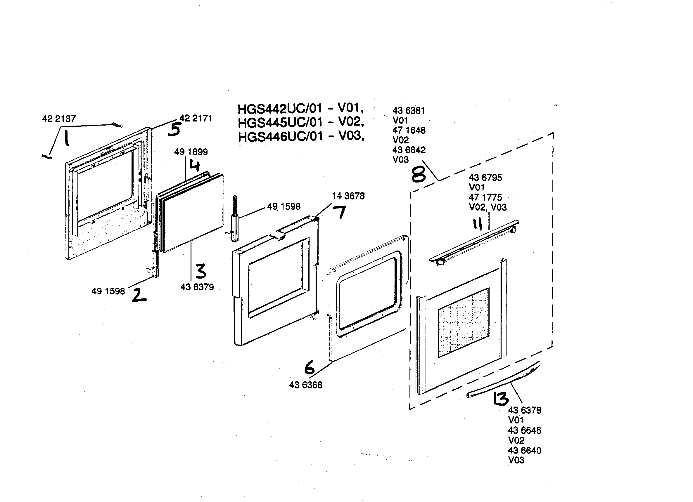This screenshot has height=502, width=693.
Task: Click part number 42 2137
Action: point(59,119)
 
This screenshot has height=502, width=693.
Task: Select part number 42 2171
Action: point(196,118)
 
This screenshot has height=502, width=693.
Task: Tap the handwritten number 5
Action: point(174,129)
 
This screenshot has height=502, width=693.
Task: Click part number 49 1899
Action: point(191,152)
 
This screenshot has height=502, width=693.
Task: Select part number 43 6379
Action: point(197,287)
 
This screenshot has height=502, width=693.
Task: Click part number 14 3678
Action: point(348,196)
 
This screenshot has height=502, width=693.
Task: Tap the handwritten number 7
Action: point(339,212)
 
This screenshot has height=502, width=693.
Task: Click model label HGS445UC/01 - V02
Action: point(301,122)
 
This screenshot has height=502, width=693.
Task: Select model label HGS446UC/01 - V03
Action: point(301,136)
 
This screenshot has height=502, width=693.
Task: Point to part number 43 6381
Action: point(409,111)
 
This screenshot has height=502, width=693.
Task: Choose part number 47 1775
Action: point(485,197)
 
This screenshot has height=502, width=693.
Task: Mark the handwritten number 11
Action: point(477,224)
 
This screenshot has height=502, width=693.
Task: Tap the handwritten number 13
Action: point(501,399)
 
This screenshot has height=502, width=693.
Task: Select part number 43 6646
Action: point(524,430)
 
